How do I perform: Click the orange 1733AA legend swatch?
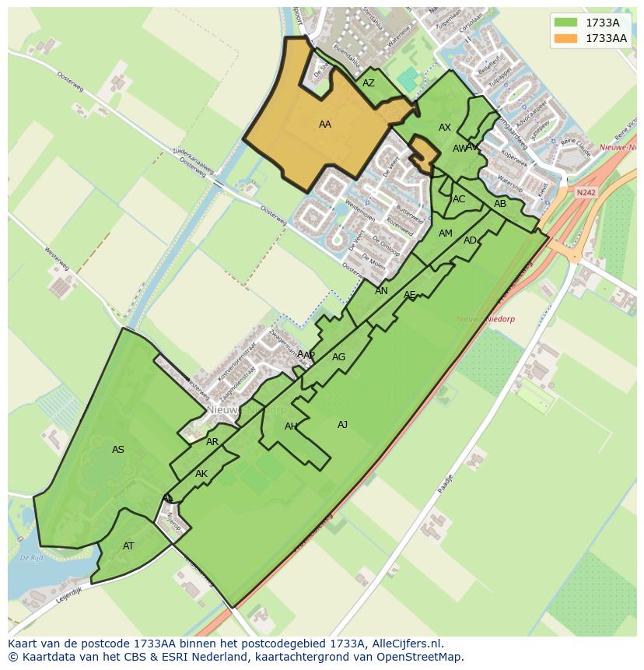tap(566, 38)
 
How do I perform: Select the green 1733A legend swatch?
tap(566, 23)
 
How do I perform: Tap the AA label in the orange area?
tap(325, 125)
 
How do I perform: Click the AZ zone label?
tap(369, 83)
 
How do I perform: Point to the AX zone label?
tap(445, 128)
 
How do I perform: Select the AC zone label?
tap(459, 199)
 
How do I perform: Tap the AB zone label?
tap(500, 204)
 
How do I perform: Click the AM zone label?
tap(446, 233)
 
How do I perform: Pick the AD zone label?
tap(470, 240)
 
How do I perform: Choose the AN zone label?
tap(381, 291)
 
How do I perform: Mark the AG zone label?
tap(338, 357)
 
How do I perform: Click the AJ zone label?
tap(342, 424)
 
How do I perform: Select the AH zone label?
tap(291, 426)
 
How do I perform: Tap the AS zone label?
tap(118, 450)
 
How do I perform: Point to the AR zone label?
tap(212, 442)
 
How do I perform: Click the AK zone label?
tap(201, 474)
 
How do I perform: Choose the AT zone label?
tap(128, 546)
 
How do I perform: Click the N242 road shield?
tap(586, 191)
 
